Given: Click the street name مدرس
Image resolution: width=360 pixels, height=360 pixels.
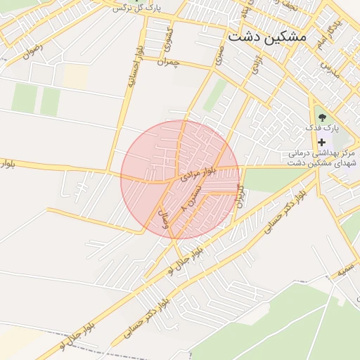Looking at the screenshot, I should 330,69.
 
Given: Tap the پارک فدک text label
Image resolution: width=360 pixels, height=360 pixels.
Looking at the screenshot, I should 322,129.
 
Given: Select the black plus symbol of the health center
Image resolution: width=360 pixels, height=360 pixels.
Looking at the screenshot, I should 322,142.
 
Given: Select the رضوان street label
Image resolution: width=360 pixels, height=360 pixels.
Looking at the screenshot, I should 32,50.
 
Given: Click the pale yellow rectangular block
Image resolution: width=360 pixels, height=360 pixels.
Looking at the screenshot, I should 75,77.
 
